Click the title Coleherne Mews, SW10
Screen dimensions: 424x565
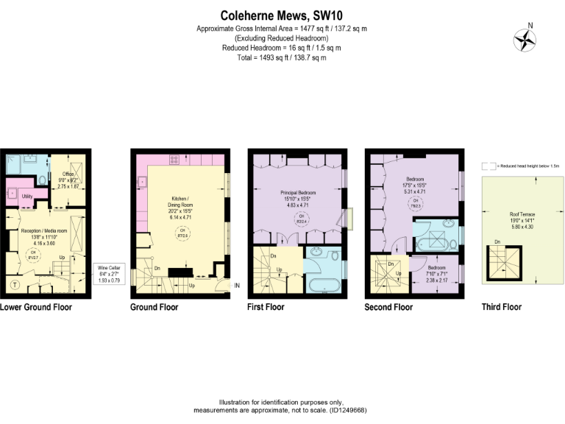[x=282, y=15]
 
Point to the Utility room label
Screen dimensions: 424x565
[x=27, y=197]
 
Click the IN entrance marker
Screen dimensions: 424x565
[x=236, y=286]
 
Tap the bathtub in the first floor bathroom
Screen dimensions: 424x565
[x=322, y=286]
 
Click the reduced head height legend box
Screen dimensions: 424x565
[x=486, y=167]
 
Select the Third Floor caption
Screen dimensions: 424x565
[x=501, y=307]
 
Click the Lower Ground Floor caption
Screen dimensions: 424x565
[x=36, y=307]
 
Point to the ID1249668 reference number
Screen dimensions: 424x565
[x=346, y=410]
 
